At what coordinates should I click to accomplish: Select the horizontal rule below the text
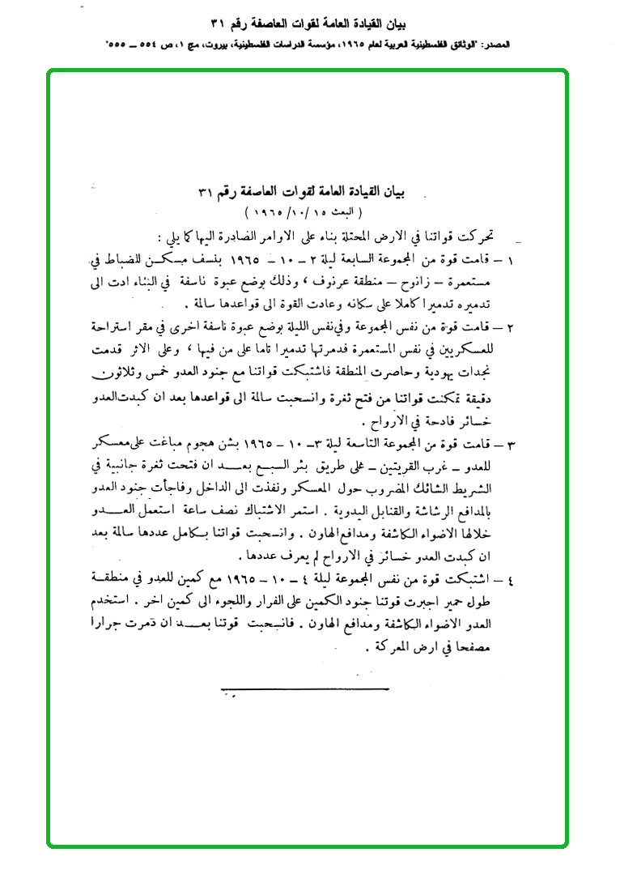tap(306, 688)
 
